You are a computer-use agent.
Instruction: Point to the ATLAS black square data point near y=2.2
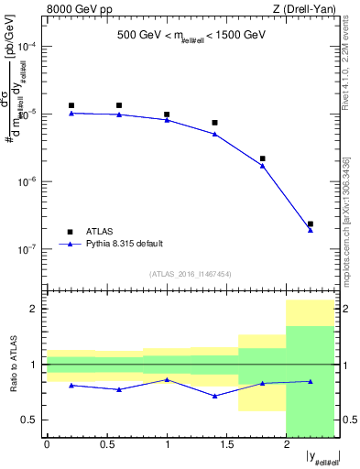pyautogui.click(x=311, y=224)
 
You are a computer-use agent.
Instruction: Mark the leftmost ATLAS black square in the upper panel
pyautogui.click(x=71, y=105)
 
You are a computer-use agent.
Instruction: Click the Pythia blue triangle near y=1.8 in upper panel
pyautogui.click(x=263, y=166)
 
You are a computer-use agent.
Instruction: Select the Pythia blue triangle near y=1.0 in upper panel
pyautogui.click(x=167, y=120)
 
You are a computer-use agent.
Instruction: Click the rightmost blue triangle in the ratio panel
pyautogui.click(x=311, y=381)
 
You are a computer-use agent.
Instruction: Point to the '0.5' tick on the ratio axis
pyautogui.click(x=33, y=420)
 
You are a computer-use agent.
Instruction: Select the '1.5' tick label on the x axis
pyautogui.click(x=226, y=445)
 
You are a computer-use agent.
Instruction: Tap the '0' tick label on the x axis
pyautogui.click(x=48, y=445)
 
